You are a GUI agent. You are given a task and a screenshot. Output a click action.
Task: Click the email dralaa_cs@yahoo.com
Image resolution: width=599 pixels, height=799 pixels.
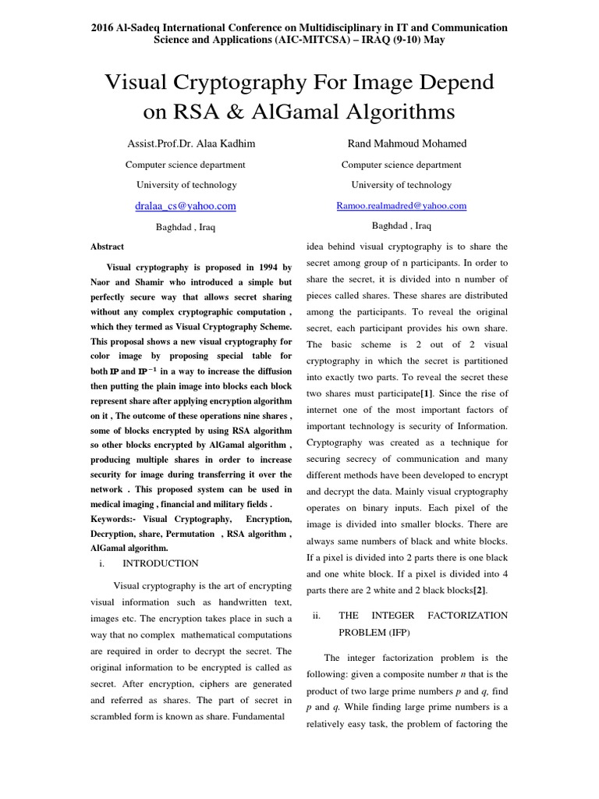[186, 206]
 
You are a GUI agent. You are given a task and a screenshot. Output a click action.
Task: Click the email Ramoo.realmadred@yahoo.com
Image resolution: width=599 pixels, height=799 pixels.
[401, 206]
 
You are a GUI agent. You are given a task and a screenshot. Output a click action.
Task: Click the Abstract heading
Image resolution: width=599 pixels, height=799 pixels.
[108, 247]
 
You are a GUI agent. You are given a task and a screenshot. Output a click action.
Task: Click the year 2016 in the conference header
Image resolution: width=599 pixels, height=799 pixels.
[102, 27]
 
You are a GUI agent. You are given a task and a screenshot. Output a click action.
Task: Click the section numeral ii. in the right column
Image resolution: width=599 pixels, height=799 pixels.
[317, 615]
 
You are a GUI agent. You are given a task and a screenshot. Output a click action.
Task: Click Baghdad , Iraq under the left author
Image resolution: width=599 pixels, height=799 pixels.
[186, 227]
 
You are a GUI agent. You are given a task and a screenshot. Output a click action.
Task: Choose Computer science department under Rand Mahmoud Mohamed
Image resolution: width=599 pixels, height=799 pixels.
[401, 165]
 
